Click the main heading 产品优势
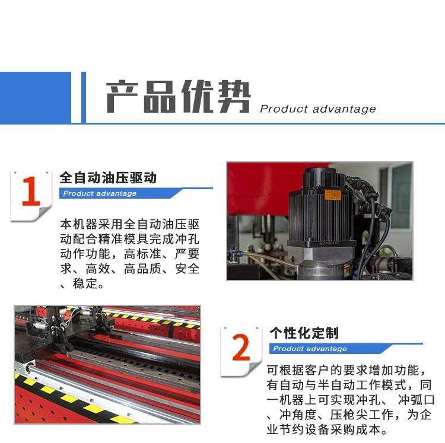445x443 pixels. (178, 97)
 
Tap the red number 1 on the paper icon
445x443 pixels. (31, 192)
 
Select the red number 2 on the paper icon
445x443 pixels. (241, 347)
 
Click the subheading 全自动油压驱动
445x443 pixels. (108, 178)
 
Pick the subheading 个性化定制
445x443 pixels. (304, 333)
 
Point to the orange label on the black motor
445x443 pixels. (332, 195)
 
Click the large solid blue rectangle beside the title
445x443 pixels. (36, 98)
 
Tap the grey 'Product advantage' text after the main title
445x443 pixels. (318, 109)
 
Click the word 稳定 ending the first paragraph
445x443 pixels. (85, 283)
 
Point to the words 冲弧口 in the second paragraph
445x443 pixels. (417, 400)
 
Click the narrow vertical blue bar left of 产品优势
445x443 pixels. (84, 98)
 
